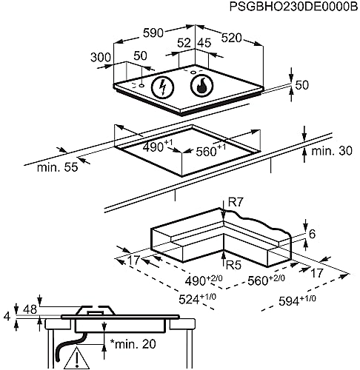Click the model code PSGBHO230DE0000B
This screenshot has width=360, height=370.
293,7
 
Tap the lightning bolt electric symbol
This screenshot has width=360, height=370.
162,87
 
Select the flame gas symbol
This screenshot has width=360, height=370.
201,85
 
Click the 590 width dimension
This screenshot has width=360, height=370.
153,33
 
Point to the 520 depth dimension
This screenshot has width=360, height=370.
231,38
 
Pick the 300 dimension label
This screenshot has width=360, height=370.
101,58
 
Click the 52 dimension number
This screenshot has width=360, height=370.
184,43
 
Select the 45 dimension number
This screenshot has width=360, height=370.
204,43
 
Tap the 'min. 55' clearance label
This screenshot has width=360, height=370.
57,167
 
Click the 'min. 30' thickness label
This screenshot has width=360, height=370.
332,151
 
